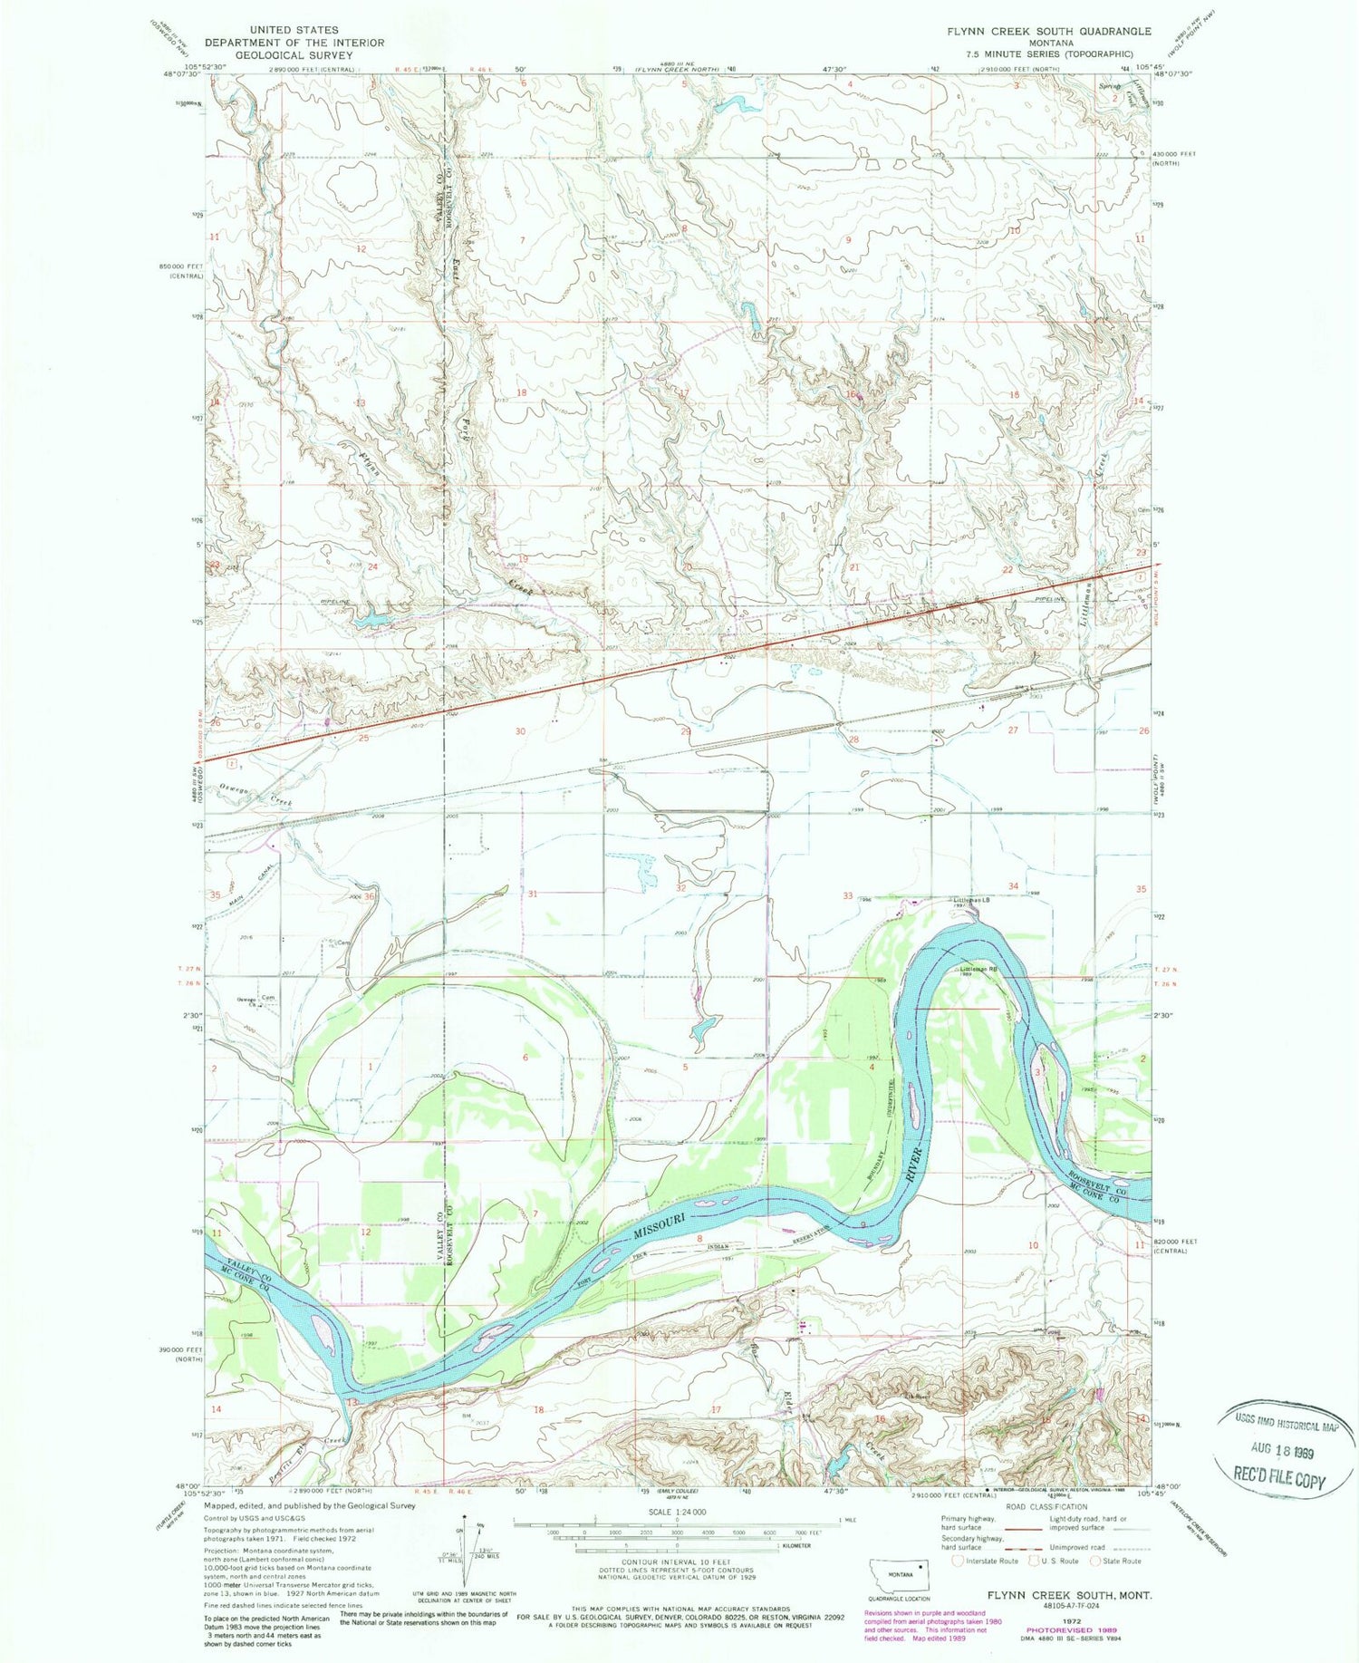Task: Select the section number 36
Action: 370,897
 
